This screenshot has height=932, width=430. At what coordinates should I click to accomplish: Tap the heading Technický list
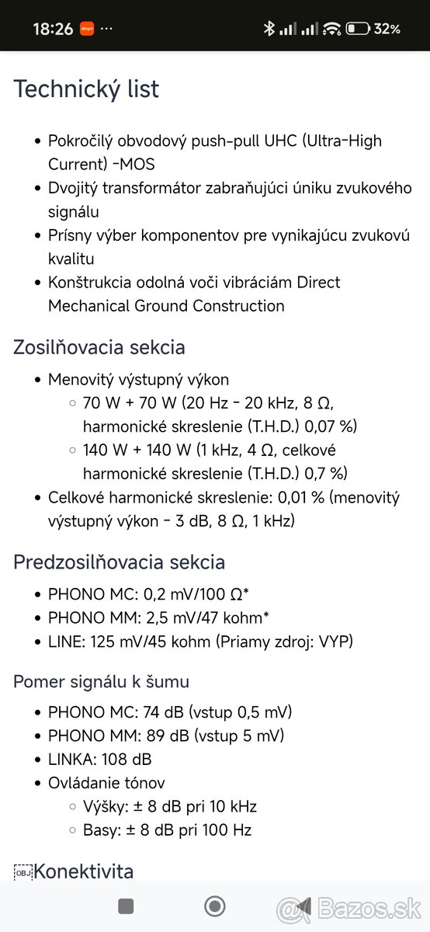click(x=86, y=89)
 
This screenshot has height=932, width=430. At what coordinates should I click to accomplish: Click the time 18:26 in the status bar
click(x=53, y=29)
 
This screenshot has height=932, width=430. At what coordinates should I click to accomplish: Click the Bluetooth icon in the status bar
click(x=269, y=29)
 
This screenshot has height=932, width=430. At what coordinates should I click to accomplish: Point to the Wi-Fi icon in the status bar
click(x=332, y=29)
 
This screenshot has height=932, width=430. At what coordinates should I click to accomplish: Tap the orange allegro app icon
click(x=87, y=29)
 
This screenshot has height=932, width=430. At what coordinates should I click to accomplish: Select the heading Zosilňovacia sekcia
click(x=99, y=346)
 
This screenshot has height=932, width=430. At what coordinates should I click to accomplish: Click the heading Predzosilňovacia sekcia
click(x=119, y=562)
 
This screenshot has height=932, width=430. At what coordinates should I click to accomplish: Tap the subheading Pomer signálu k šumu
click(x=101, y=681)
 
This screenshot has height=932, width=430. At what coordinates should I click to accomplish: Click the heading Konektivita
click(x=83, y=871)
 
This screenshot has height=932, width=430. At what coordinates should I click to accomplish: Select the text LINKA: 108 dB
click(x=99, y=759)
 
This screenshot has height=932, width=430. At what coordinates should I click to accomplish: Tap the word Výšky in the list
click(x=102, y=806)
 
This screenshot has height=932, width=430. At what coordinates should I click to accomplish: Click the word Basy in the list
click(x=99, y=829)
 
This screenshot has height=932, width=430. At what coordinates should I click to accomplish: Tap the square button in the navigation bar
click(x=126, y=906)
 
